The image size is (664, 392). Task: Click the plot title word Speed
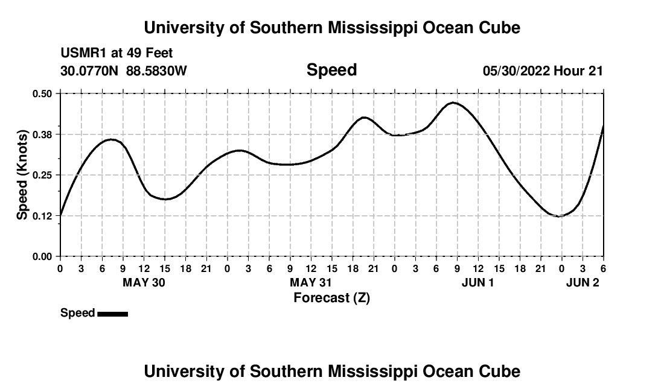pos(331,70)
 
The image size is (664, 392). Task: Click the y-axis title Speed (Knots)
pos(22,174)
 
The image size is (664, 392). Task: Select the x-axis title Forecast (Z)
pos(331,297)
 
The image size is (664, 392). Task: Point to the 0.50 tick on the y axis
pos(43,93)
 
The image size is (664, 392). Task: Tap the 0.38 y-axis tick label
pos(43,134)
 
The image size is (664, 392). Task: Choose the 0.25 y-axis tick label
pos(43,175)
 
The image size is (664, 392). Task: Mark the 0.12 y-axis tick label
pos(43,216)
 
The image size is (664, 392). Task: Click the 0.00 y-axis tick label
pos(43,257)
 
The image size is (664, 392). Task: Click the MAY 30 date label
pos(144,282)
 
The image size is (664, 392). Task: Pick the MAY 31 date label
pos(311,282)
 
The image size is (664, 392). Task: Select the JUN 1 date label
pos(477,282)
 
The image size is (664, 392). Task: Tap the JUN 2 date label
pos(583,282)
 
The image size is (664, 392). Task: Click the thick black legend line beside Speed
pos(112,314)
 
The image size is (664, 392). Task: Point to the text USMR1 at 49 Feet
pos(117,53)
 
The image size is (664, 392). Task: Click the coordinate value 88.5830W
pos(156,71)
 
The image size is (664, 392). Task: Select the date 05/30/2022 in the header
pos(516,71)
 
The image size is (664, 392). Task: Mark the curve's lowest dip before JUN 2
pos(560,216)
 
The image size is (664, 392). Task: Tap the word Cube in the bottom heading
pos(502,371)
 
